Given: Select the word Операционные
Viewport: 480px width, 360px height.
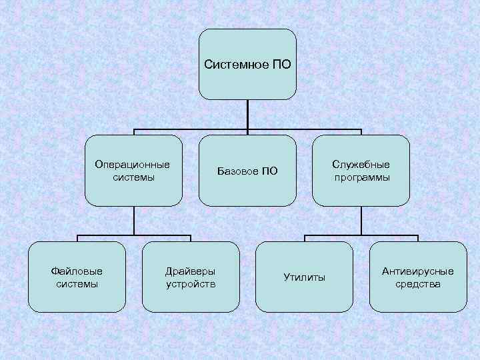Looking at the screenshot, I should pyautogui.click(x=133, y=164).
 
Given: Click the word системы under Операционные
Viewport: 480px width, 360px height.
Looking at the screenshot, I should pyautogui.click(x=133, y=177).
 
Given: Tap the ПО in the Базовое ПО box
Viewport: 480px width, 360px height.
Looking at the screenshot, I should pyautogui.click(x=269, y=171).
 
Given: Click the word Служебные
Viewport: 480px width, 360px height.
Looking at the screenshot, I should pyautogui.click(x=361, y=165).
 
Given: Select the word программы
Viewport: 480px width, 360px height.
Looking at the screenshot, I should pyautogui.click(x=362, y=178).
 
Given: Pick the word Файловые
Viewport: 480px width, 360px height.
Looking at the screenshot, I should pyautogui.click(x=77, y=271).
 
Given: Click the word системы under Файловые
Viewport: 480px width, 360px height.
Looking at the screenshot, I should pyautogui.click(x=77, y=284).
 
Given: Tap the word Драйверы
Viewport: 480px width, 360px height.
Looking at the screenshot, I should pyautogui.click(x=191, y=271).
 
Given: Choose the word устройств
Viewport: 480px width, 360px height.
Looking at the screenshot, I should pyautogui.click(x=191, y=284).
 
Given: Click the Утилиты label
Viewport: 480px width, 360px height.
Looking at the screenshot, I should pyautogui.click(x=304, y=277).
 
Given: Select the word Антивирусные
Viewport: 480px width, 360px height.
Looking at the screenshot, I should pyautogui.click(x=418, y=271).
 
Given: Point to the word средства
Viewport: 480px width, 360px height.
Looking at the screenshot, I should pyautogui.click(x=418, y=284).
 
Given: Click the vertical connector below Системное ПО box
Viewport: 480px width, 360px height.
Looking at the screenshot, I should pyautogui.click(x=247, y=115).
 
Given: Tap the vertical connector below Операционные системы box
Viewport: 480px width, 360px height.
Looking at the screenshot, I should pyautogui.click(x=133, y=220).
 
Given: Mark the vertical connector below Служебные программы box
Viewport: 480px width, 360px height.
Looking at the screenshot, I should pyautogui.click(x=361, y=220).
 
